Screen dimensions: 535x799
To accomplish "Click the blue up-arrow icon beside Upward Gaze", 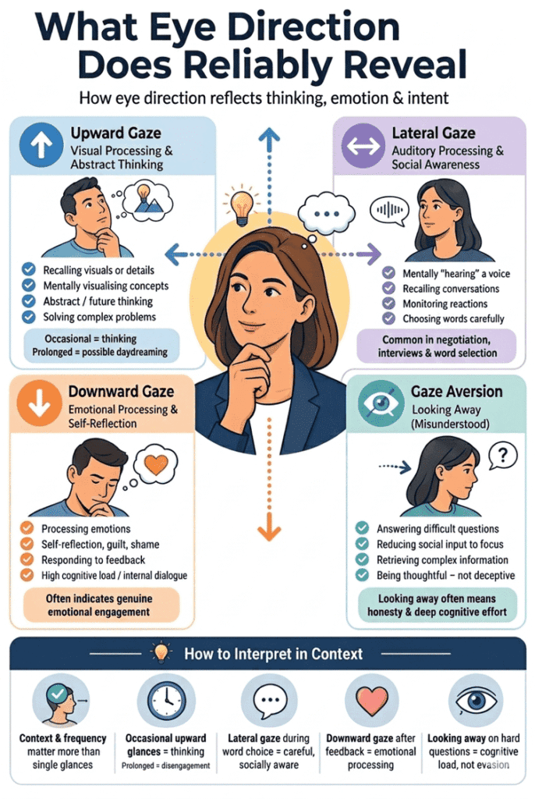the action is [x=41, y=145].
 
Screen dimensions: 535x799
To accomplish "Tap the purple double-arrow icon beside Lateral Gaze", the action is [x=363, y=146].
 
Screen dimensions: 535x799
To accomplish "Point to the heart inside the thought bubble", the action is [x=156, y=464].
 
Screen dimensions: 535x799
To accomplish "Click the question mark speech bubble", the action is [x=502, y=456].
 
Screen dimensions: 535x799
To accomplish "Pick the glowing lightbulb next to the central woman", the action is [x=242, y=206].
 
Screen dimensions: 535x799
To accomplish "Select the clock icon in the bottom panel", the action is [x=166, y=701].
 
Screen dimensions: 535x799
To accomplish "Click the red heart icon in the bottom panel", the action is [x=370, y=701].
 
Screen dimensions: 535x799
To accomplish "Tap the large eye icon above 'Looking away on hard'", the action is [x=476, y=701].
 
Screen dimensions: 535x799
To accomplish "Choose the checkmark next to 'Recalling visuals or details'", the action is [x=29, y=269].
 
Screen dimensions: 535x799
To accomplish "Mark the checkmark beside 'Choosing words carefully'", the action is [x=388, y=318].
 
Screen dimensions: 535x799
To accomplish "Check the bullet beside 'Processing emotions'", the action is [x=27, y=528].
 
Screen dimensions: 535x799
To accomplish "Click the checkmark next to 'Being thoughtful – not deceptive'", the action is [x=363, y=575].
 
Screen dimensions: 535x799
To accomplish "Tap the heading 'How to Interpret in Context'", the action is [x=274, y=654].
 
